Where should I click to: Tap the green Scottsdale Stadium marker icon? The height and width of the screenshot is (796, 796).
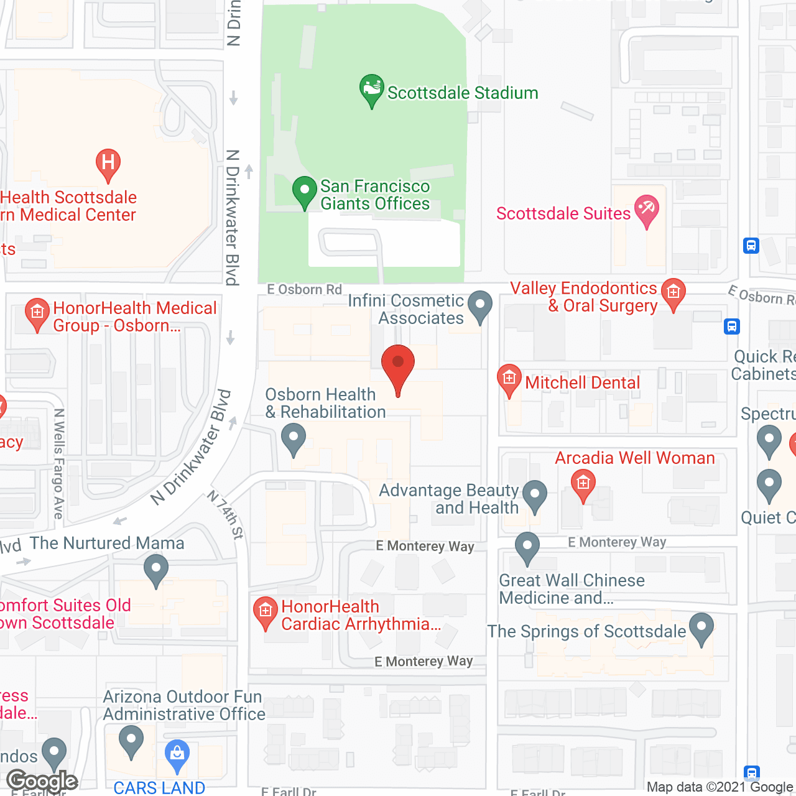[x=372, y=91]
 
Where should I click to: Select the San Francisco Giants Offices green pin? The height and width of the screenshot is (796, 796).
[x=304, y=192]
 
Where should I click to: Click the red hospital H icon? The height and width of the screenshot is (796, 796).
[x=108, y=164]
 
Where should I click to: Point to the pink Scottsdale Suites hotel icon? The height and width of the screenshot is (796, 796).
[x=646, y=210]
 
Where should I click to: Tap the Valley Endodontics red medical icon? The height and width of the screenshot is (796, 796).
[x=673, y=294]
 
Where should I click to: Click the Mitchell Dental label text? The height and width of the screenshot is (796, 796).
[x=582, y=382]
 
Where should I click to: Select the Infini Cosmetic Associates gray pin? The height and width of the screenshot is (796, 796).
[x=479, y=306]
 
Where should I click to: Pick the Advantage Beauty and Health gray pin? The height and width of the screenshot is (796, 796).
[x=534, y=496]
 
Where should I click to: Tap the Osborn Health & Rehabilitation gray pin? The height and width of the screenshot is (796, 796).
[x=294, y=438]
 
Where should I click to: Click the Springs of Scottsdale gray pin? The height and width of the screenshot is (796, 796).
[x=701, y=628]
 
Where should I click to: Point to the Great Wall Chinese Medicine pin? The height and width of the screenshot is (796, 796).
[x=527, y=548]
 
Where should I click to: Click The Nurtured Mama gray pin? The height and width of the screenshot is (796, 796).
[x=156, y=570]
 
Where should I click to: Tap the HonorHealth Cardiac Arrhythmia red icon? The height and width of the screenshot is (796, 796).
[x=266, y=613]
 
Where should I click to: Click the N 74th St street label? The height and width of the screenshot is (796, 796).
[x=225, y=514]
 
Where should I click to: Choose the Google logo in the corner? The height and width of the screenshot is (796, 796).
[x=42, y=781]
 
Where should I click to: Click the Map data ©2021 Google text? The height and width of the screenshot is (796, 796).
[x=720, y=787]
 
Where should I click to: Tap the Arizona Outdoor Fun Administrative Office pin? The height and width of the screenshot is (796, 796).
[x=131, y=741]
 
